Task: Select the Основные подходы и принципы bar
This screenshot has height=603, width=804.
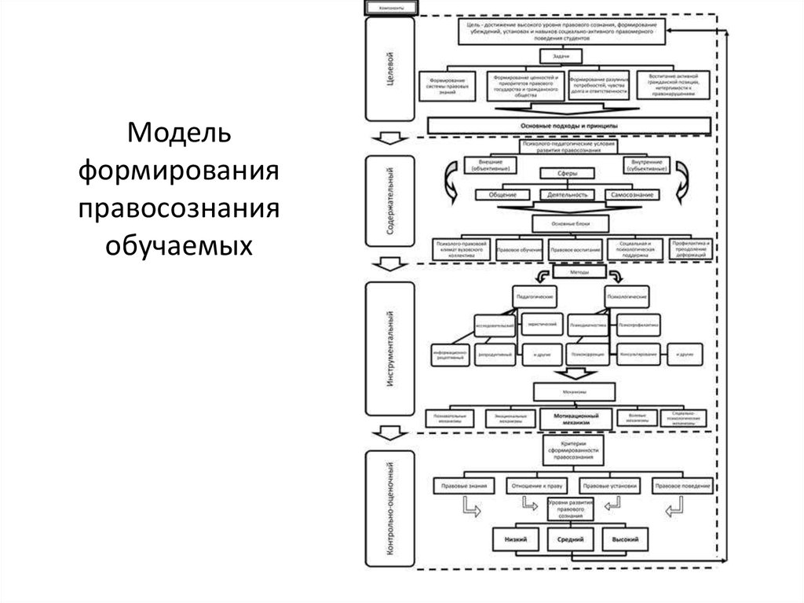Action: point(569,126)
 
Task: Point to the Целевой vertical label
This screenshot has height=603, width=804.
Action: point(389,71)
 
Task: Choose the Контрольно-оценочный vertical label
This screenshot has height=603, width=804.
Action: point(389,508)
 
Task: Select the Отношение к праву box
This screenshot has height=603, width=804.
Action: point(537,486)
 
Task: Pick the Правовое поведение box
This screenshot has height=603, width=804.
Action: point(682,486)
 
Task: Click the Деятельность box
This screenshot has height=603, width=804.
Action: point(569,194)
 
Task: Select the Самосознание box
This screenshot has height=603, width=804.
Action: point(632,194)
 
